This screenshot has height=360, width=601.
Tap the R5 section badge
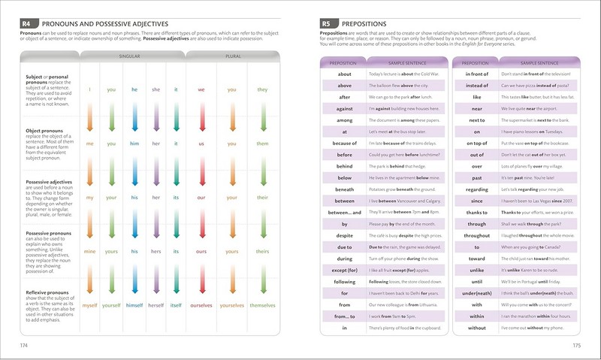tap(328, 24)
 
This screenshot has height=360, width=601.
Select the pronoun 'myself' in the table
tap(90, 305)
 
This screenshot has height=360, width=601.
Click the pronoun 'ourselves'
tap(201, 305)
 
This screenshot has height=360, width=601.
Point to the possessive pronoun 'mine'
tap(90, 252)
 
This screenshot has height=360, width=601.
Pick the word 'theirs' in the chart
tap(262, 252)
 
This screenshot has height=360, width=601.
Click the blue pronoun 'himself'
tap(134, 305)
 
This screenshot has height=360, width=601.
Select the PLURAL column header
tap(232, 56)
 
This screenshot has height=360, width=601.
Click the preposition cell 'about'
tap(345, 74)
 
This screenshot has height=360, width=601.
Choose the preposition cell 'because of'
tap(345, 143)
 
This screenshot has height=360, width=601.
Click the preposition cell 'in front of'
tap(476, 74)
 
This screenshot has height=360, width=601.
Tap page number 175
tap(576, 346)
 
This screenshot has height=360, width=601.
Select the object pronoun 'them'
tap(262, 143)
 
